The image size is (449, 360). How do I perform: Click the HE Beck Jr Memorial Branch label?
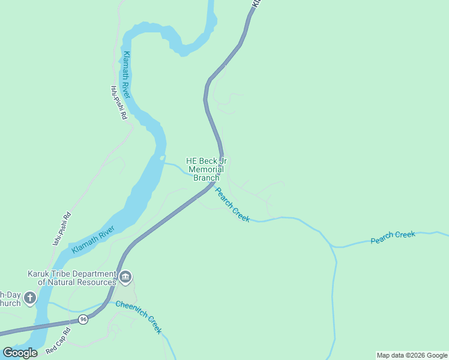[206, 169]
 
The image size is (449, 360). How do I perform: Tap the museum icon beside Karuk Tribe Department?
[125, 277]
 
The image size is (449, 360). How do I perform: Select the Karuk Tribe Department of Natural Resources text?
[72, 278]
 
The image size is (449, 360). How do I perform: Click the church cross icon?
[29, 298]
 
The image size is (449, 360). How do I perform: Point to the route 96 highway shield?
[83, 320]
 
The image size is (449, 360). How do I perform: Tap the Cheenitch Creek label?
[139, 317]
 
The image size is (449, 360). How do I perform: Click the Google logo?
[20, 352]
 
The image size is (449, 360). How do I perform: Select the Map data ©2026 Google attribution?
[412, 355]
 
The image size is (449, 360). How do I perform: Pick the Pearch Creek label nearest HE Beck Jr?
[232, 205]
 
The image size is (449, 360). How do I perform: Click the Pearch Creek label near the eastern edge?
[393, 237]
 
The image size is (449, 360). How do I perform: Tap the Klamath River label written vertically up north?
[126, 76]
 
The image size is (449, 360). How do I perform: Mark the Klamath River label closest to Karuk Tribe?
[93, 240]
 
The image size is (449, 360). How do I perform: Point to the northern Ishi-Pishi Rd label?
[118, 103]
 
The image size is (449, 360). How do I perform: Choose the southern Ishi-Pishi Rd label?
[62, 229]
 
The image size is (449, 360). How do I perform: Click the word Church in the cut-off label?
[10, 303]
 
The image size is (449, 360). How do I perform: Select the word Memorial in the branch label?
[206, 169]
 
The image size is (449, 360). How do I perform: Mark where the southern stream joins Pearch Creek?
[332, 246]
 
